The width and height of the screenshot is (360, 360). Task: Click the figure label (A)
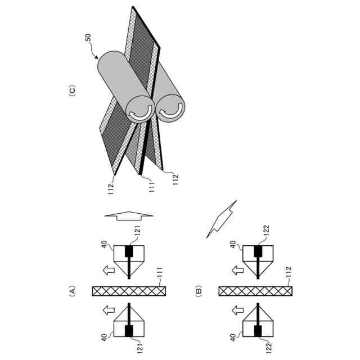coord(72,291)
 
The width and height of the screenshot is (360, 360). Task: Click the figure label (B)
coord(198,291)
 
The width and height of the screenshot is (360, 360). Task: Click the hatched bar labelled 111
coord(129,291)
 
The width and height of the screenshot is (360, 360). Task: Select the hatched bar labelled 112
coord(255,291)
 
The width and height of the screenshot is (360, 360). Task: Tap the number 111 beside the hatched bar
coord(160,274)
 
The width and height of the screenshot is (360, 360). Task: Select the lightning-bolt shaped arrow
coord(223,217)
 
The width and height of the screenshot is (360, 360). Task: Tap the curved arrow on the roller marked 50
coord(139,111)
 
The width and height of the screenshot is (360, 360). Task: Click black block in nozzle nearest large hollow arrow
coord(129,250)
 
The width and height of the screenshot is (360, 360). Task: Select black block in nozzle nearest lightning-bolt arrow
coord(258,250)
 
